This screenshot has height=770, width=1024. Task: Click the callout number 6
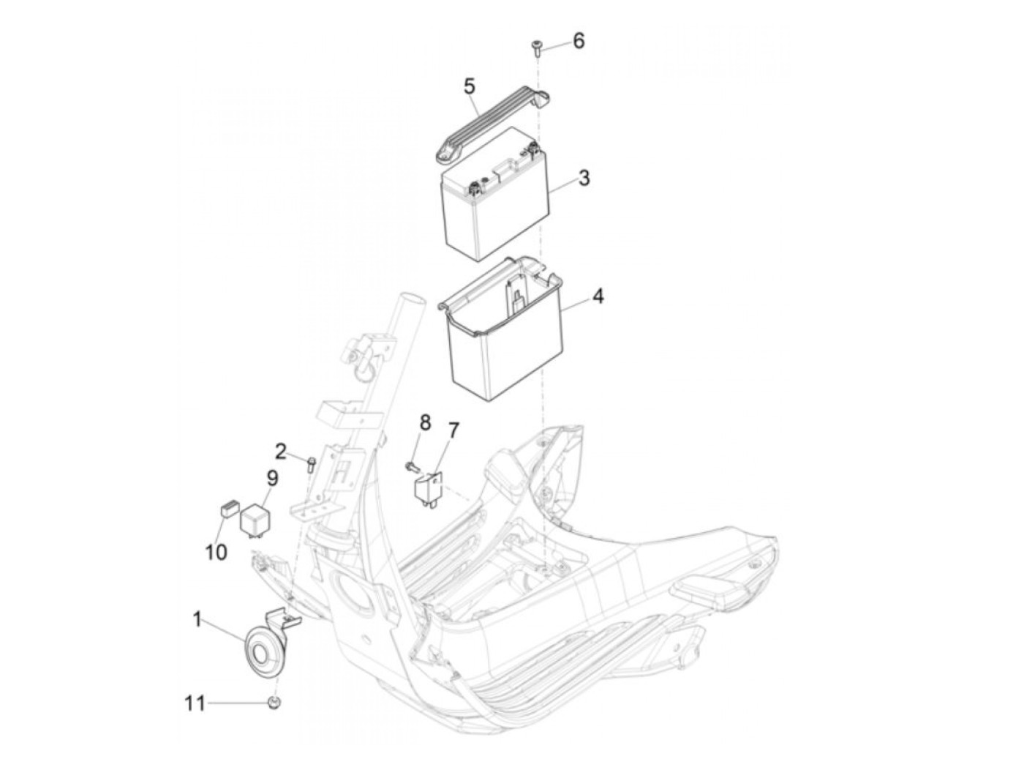click(579, 41)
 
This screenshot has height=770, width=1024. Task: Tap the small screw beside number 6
click(536, 48)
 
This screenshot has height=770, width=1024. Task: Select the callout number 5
click(470, 86)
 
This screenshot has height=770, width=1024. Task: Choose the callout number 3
click(584, 178)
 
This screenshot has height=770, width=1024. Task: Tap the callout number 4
click(598, 297)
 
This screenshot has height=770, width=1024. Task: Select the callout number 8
click(425, 422)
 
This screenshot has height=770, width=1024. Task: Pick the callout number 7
click(453, 430)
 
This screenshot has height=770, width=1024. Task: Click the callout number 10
click(216, 552)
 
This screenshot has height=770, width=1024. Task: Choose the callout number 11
click(195, 704)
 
